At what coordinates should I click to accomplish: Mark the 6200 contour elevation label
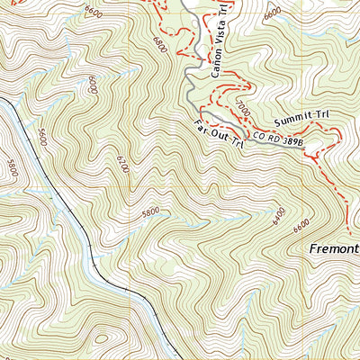[x=121, y=164]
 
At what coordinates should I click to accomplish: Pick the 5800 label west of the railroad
[x=12, y=168]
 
